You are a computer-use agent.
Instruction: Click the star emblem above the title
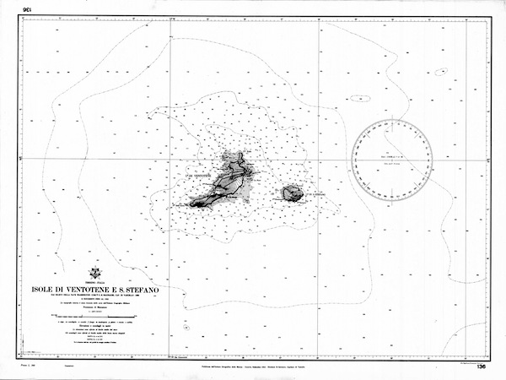pos(94,274)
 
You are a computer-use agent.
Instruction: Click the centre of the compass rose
pos(393,159)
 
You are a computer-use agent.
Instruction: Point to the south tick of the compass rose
pos(393,198)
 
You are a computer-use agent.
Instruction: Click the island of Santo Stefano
pos(293,193)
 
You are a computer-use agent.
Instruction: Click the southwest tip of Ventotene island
pos(191,204)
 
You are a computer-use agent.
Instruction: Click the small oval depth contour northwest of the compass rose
pos(360,98)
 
